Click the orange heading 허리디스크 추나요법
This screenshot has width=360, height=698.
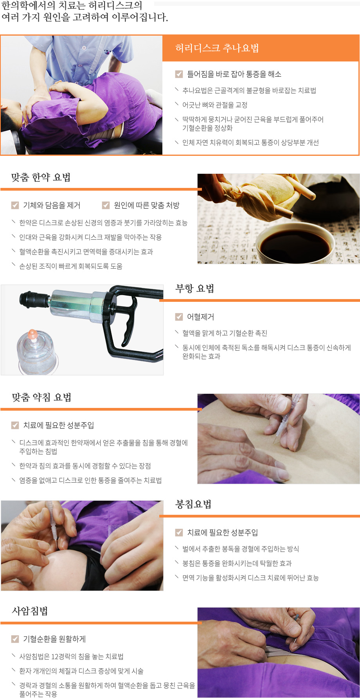(x=217, y=48)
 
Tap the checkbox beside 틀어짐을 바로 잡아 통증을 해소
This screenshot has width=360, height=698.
(x=179, y=74)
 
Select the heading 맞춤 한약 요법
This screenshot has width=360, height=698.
(x=41, y=177)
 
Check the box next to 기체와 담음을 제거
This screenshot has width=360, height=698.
(x=15, y=205)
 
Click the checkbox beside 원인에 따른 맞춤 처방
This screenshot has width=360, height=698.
(x=106, y=205)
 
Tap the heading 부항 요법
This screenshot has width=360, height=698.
(x=194, y=289)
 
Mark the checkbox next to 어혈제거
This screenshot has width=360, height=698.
(x=179, y=317)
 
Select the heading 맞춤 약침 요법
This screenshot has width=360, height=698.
(x=41, y=397)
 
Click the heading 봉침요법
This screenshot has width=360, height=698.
(x=193, y=504)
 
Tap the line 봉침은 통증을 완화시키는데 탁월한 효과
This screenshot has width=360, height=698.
(x=237, y=563)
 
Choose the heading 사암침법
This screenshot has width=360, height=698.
(x=30, y=611)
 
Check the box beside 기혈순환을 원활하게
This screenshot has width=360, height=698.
(x=15, y=639)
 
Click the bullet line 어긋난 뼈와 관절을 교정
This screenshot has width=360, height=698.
(x=214, y=105)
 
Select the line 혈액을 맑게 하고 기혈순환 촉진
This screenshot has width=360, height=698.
(x=225, y=333)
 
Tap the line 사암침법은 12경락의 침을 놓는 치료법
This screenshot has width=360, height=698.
(x=71, y=657)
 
